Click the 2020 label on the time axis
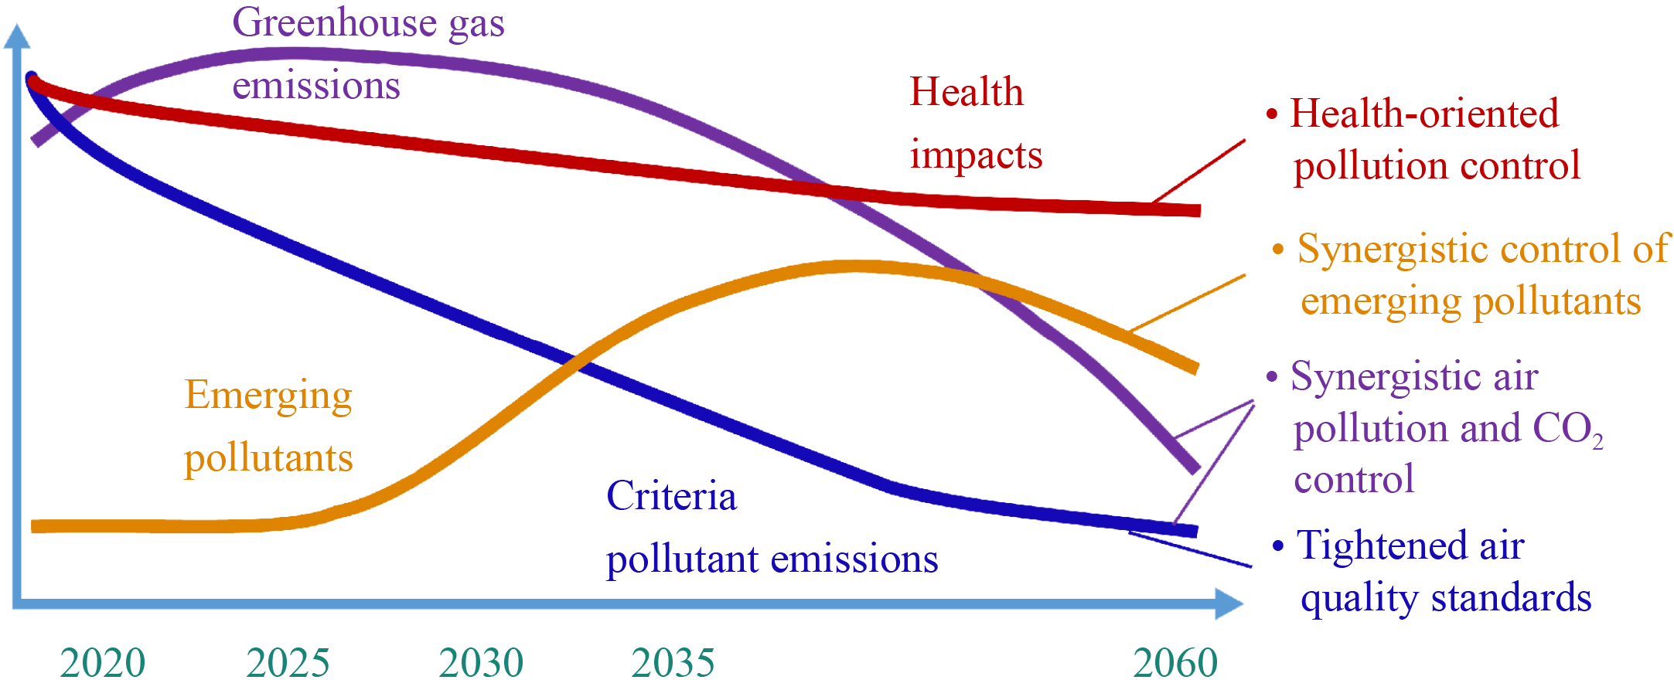103,663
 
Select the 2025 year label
288,663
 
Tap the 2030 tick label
481,663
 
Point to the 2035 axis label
673,663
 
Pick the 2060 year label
1175,663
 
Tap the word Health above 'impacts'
967,93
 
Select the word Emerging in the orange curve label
268,396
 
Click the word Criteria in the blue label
671,496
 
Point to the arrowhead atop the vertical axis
17,36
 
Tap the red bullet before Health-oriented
1272,115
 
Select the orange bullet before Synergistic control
1278,250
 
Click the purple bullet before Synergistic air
1272,377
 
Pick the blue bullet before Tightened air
1278,546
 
